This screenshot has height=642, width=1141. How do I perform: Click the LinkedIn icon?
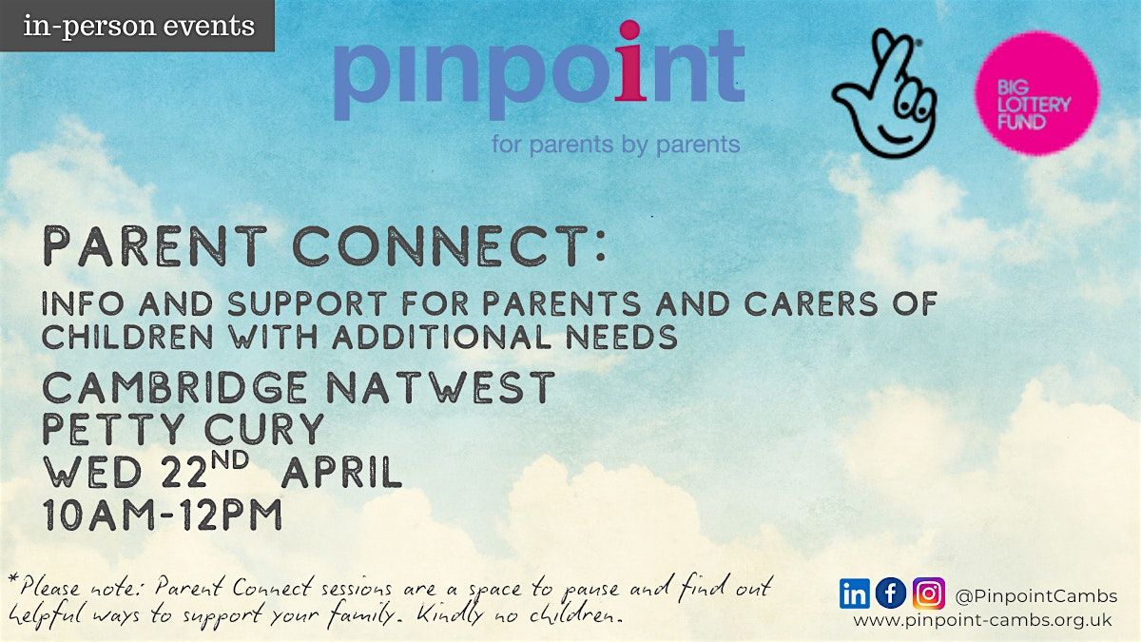pyautogui.click(x=854, y=593)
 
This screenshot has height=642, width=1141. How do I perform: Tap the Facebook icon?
pyautogui.click(x=891, y=593)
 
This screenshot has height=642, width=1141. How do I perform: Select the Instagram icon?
pyautogui.click(x=929, y=593)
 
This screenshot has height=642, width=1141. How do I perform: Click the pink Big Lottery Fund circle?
pyautogui.click(x=1037, y=93)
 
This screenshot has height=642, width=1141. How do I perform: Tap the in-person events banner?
pyautogui.click(x=137, y=26)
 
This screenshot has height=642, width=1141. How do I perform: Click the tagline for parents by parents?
pyautogui.click(x=616, y=145)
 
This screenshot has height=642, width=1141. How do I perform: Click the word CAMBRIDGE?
pyautogui.click(x=175, y=388)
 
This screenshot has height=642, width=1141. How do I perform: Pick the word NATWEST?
pyautogui.click(x=440, y=387)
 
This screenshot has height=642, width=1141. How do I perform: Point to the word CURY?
pyautogui.click(x=264, y=429)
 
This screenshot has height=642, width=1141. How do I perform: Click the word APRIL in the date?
pyautogui.click(x=341, y=472)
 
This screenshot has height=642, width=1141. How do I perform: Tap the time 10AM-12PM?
pyautogui.click(x=163, y=515)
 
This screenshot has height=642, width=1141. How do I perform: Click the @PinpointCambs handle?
pyautogui.click(x=1036, y=596)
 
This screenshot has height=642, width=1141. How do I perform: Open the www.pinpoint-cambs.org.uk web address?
pyautogui.click(x=982, y=621)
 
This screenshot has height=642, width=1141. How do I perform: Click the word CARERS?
pyautogui.click(x=811, y=303)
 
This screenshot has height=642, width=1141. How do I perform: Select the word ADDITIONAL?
pyautogui.click(x=441, y=337)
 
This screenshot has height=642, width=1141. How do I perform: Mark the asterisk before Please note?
pyautogui.click(x=13, y=580)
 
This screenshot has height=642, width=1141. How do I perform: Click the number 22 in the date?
pyautogui.click(x=184, y=472)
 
